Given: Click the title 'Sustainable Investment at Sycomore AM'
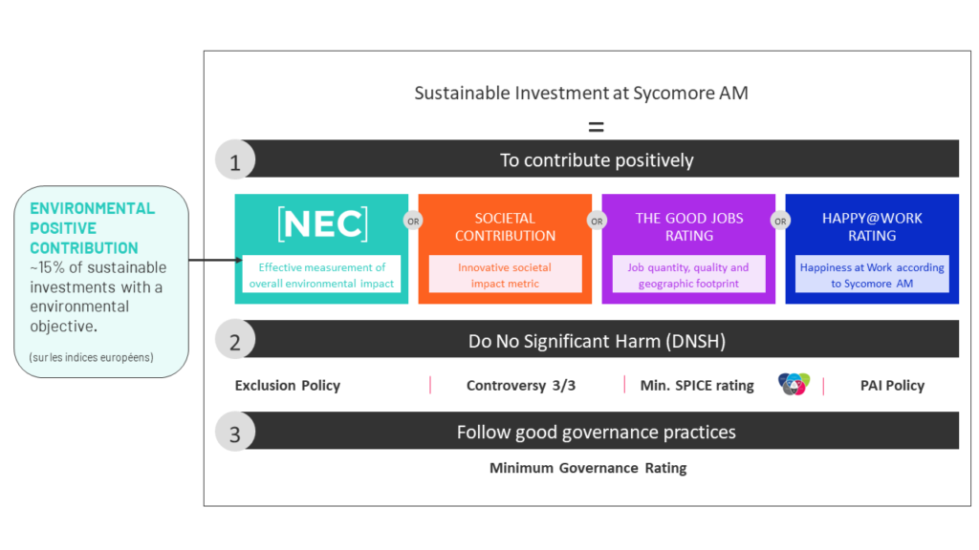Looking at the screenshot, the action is click(581, 93).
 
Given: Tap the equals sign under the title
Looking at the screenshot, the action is click(597, 127).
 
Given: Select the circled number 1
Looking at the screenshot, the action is click(235, 159).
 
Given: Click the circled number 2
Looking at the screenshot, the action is click(235, 340).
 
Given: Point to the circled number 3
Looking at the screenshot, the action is click(235, 432).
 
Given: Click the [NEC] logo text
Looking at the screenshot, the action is click(322, 223).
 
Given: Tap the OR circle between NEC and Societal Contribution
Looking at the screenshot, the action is click(413, 221).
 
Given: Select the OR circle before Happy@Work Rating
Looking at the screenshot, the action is click(780, 221).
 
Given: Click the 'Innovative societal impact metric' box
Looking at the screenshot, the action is click(505, 274).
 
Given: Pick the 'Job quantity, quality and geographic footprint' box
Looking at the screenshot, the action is click(688, 274).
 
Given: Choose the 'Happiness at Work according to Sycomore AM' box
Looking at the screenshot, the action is click(872, 274).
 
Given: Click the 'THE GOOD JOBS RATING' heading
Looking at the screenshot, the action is click(689, 227).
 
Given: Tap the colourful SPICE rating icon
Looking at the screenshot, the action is click(794, 384).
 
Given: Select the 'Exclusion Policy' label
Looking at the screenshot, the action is click(287, 386).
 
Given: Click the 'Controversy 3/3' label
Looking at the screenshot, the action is click(521, 386).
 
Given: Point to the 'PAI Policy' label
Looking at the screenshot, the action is click(892, 386).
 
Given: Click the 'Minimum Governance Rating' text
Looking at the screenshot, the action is click(588, 468).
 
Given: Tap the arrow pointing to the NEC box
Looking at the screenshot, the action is click(215, 260).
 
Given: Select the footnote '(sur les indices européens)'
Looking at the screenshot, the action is click(91, 357).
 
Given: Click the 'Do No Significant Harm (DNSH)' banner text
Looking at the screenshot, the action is click(597, 341).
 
